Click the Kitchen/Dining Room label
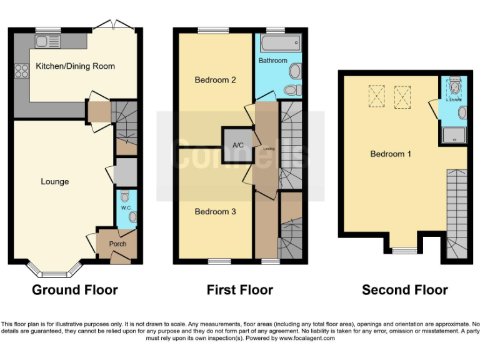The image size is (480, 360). click(x=75, y=66)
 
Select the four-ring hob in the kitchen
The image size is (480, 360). click(x=21, y=71)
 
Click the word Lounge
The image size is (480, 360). click(x=55, y=182)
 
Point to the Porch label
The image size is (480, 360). click(x=117, y=244)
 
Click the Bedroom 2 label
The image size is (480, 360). click(x=215, y=80)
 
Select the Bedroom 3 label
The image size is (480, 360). click(x=215, y=212)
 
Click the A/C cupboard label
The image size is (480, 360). click(x=237, y=145)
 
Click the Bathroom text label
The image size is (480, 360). click(x=272, y=61)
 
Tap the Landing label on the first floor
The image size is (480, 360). click(x=269, y=149)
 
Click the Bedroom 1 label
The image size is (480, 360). click(x=391, y=154)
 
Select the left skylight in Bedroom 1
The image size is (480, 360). click(x=376, y=97)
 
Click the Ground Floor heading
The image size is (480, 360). click(x=74, y=290)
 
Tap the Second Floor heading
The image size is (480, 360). click(x=404, y=290)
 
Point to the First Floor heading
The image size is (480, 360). click(x=239, y=290)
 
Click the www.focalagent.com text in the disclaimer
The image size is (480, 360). click(x=307, y=338)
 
